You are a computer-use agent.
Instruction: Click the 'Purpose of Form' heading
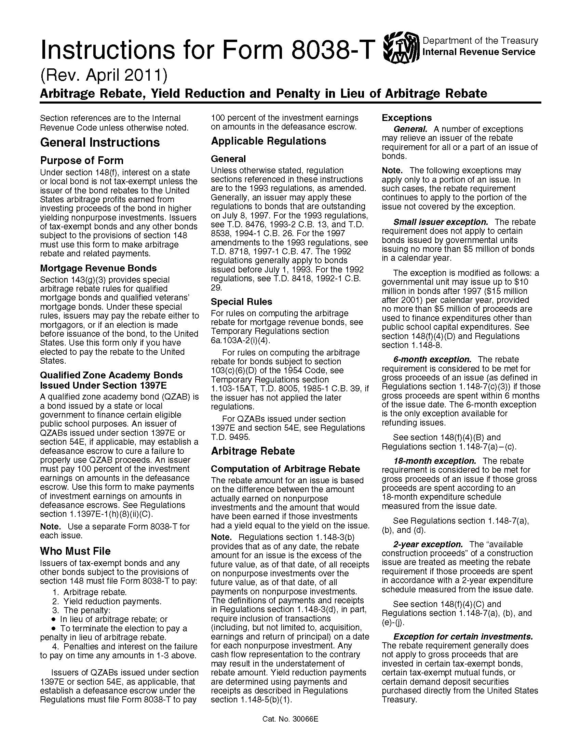click(x=82, y=160)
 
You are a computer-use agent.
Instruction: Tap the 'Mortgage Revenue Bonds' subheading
click(x=98, y=268)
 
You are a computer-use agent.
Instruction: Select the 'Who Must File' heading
click(x=75, y=551)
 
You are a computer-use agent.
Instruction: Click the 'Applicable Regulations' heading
click(x=268, y=141)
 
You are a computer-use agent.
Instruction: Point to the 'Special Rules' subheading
click(x=241, y=301)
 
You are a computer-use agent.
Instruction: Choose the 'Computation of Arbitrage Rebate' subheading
click(x=285, y=469)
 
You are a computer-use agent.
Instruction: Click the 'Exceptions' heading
click(x=406, y=118)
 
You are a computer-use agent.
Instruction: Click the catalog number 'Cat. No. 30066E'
click(x=290, y=719)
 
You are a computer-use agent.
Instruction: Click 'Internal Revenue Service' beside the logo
click(x=478, y=52)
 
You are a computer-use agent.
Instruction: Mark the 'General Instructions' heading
click(x=100, y=142)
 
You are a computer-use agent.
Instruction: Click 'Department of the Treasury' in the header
click(x=480, y=41)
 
